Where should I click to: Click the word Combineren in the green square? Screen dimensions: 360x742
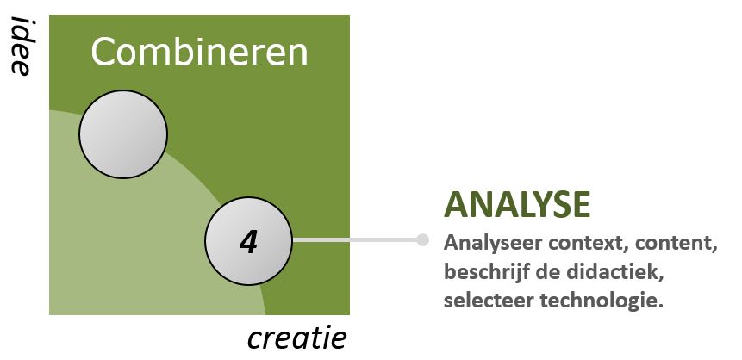[x=199, y=53]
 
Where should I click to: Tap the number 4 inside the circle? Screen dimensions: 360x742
[x=248, y=241]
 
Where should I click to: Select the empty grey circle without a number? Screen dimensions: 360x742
[x=123, y=135]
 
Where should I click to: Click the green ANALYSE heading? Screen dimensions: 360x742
[x=517, y=205]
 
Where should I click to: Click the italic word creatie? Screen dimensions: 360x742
[x=297, y=338]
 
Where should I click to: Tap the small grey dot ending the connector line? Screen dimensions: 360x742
[x=422, y=240]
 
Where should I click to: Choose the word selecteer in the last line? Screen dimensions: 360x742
[x=483, y=301]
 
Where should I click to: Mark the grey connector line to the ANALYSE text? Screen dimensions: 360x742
[x=357, y=240]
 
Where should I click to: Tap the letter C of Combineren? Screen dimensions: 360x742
[x=103, y=53]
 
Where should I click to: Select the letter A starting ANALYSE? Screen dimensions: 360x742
[x=455, y=205]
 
